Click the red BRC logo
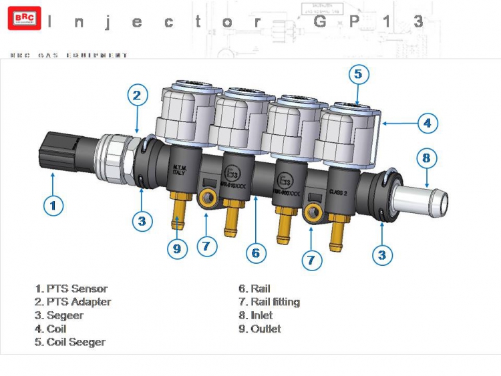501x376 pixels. tap(24, 18)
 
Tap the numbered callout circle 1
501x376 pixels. tap(53, 204)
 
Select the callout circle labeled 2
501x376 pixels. tap(136, 96)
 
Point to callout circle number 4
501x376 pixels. tap(428, 123)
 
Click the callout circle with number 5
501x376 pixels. tap(358, 74)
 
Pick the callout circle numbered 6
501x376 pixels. tap(255, 252)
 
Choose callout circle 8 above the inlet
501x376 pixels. tap(427, 158)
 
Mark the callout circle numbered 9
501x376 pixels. tap(177, 248)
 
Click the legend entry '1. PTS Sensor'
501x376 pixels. tap(71, 289)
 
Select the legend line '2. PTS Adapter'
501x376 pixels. tap(73, 302)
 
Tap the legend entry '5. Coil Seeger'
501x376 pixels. tap(70, 342)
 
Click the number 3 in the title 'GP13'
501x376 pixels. tap(418, 21)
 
